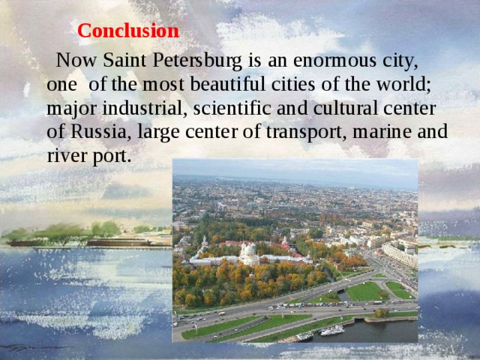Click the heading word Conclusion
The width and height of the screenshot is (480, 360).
[x=128, y=31]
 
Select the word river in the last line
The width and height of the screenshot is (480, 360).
[x=64, y=157]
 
